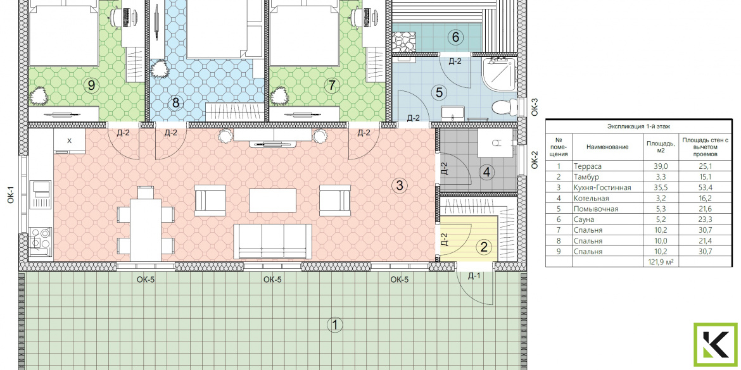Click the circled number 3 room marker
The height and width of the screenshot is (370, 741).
tap(400, 185)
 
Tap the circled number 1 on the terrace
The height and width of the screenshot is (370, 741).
tap(334, 324)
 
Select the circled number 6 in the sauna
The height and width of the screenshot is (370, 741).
tap(455, 37)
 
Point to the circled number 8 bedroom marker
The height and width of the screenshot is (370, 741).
tap(176, 102)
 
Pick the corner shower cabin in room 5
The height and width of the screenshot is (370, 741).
tap(499, 74)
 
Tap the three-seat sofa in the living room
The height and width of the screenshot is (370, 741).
tap(273, 241)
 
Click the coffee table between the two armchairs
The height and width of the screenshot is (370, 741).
tap(273, 200)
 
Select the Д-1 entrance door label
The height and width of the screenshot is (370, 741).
tap(474, 276)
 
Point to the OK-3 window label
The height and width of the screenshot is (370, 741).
tap(535, 107)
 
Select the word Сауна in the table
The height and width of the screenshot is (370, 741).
tap(584, 219)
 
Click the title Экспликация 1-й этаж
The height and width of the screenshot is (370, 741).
tap(639, 126)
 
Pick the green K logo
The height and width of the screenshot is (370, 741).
tap(716, 345)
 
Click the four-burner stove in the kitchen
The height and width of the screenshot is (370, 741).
tap(41, 237)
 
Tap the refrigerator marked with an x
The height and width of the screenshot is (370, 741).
tap(69, 140)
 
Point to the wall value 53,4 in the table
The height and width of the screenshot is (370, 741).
tap(705, 187)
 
